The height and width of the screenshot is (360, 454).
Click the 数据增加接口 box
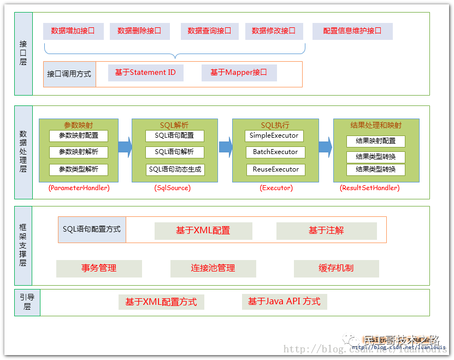[73, 31]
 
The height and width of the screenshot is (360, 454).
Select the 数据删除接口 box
[139, 31]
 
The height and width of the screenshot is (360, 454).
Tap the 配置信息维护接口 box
[352, 31]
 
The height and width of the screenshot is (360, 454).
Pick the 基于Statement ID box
[141, 73]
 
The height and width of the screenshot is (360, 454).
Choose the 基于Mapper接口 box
[239, 73]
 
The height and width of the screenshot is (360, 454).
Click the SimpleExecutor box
[274, 135]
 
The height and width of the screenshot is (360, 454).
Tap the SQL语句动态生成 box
[175, 169]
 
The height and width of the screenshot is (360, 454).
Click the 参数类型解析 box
[79, 169]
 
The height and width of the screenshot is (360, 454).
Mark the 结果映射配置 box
[376, 141]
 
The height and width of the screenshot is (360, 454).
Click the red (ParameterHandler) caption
[79, 188]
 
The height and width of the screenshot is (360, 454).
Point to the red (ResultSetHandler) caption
[370, 188]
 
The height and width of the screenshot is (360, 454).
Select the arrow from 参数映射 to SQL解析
[125, 147]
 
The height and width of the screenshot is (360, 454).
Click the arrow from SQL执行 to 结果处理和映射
[326, 147]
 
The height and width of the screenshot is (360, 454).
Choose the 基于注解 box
[326, 231]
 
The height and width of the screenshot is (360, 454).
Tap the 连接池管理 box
[213, 268]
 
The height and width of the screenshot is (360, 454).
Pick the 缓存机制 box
[336, 268]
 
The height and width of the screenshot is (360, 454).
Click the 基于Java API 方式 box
[284, 302]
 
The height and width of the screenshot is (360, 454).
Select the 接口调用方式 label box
[69, 74]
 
